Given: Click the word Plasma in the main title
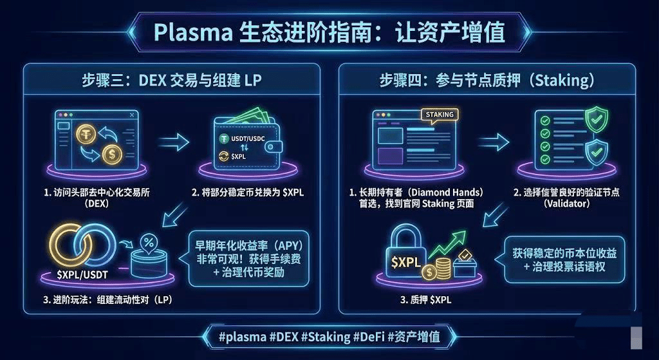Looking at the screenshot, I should [x=188, y=31].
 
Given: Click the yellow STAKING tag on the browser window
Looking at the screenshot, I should [x=440, y=115].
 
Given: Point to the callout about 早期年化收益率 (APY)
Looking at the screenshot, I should [x=248, y=258].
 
